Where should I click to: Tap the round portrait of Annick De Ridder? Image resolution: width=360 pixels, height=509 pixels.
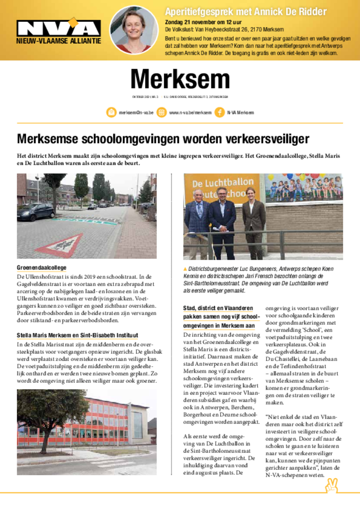(134, 30)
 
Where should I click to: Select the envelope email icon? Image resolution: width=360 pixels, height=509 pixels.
(111, 112)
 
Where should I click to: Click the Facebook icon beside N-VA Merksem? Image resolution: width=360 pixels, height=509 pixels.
(219, 112)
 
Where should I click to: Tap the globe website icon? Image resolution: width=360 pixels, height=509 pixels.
(162, 112)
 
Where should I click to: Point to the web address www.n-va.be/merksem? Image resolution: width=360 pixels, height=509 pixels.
(190, 113)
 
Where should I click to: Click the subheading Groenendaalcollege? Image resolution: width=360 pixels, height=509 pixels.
(41, 267)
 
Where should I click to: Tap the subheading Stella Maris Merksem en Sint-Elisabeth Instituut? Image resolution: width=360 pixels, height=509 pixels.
(78, 336)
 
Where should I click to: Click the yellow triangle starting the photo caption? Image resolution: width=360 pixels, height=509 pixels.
(185, 269)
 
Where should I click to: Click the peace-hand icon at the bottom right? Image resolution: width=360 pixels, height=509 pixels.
(331, 485)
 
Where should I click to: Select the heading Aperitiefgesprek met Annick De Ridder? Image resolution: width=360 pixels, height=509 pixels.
(246, 11)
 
